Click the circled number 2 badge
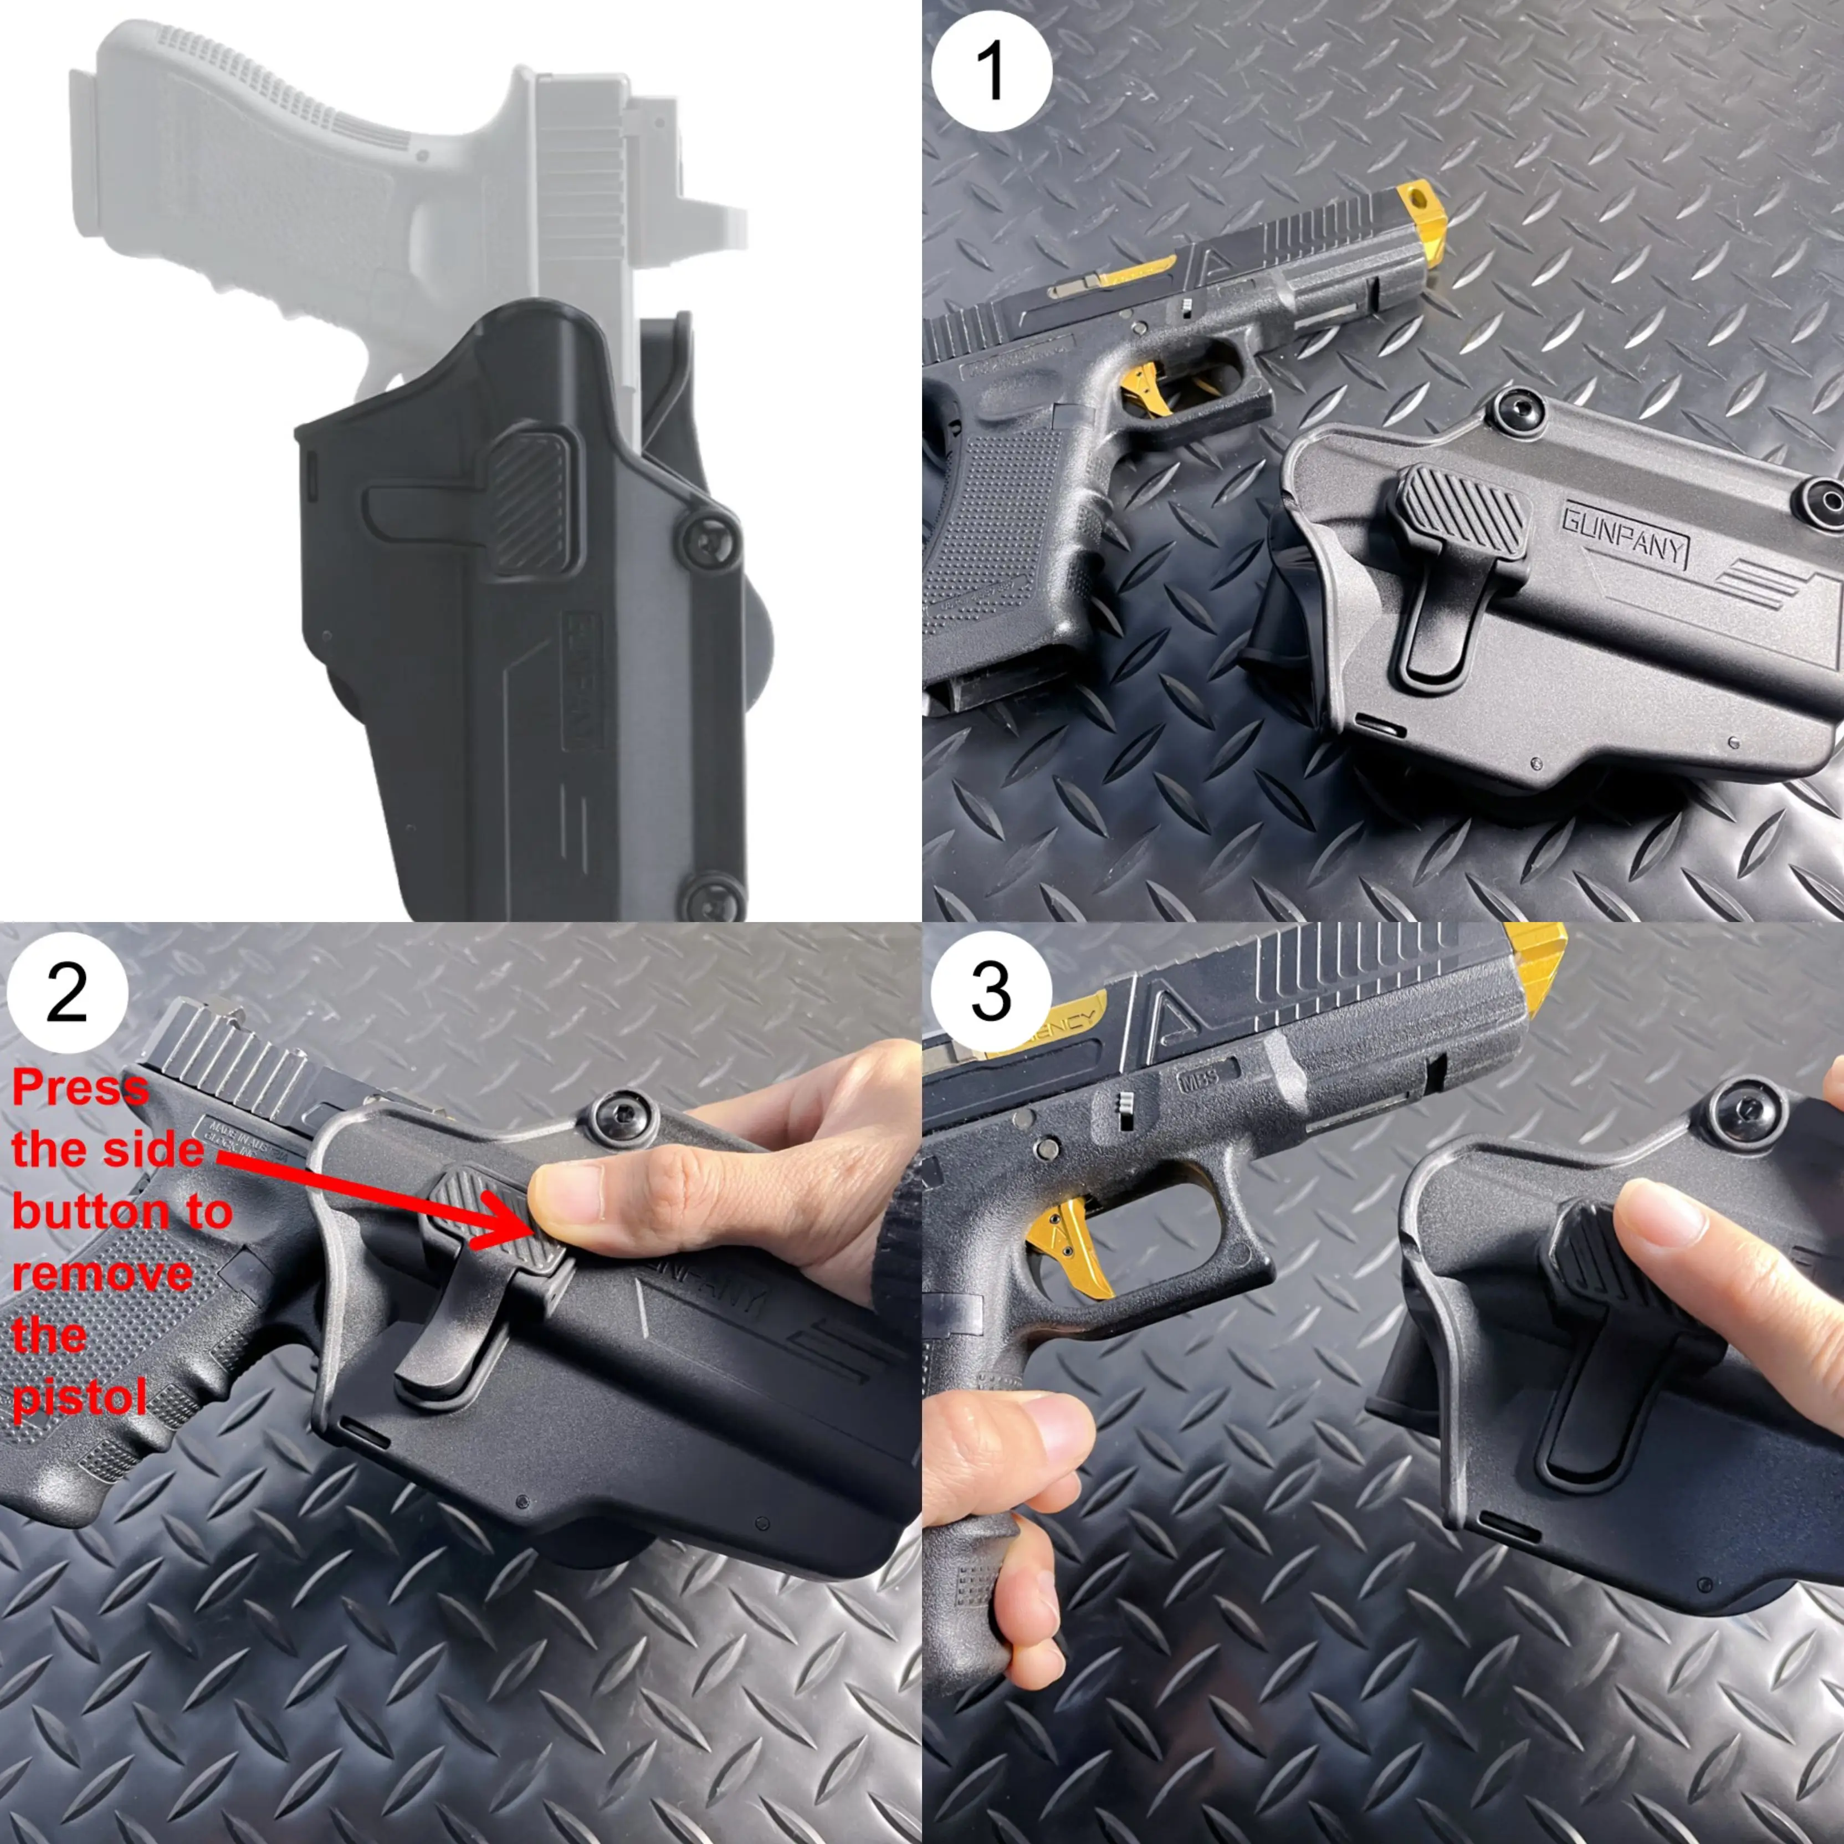(67, 992)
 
